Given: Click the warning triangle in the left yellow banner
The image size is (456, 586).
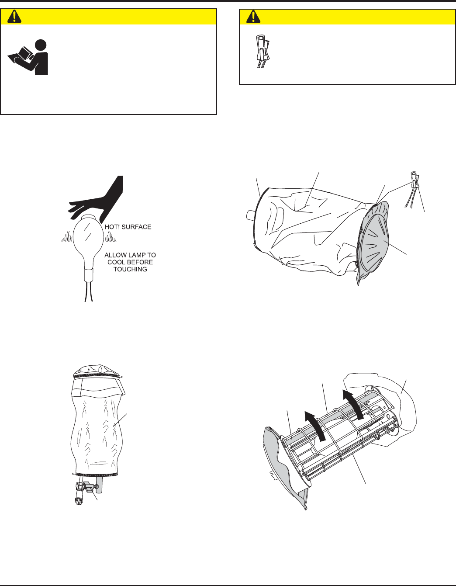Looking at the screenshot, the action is tap(14, 17).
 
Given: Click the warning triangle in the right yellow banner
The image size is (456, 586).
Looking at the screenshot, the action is tap(253, 17).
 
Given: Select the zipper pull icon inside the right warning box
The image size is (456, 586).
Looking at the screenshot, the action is tap(262, 51).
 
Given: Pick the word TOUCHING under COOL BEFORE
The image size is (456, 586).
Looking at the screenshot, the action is tap(130, 269).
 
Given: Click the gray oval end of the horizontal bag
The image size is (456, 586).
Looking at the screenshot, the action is tap(374, 245).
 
